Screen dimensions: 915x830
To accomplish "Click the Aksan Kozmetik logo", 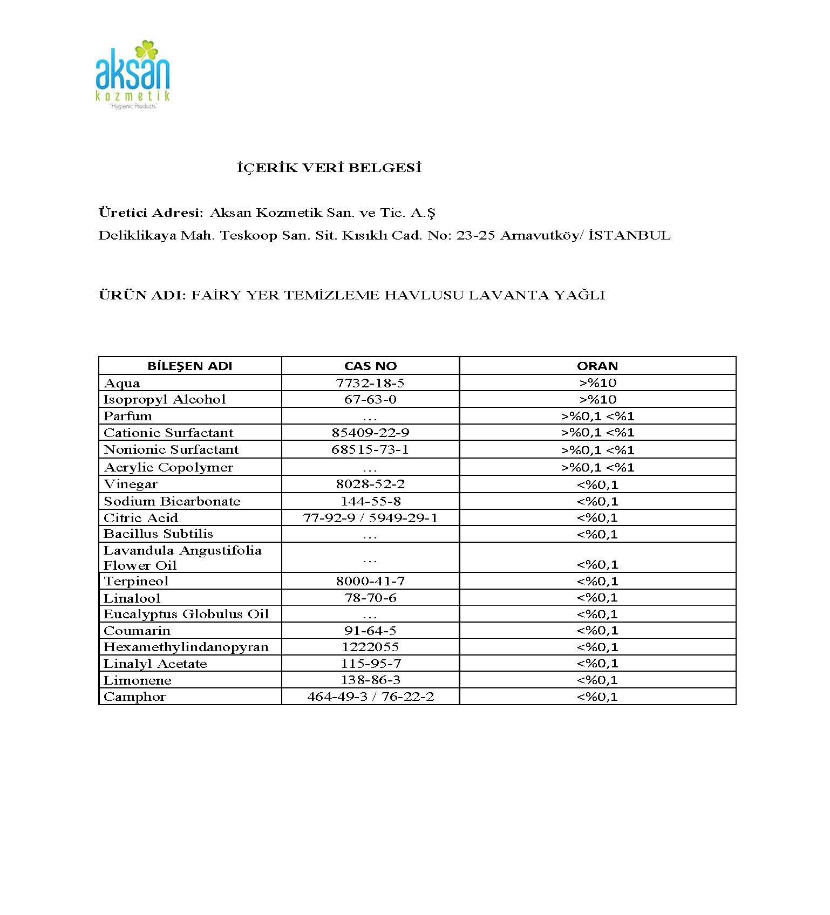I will tap(133, 74).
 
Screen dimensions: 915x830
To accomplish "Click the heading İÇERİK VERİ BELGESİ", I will tap(329, 168).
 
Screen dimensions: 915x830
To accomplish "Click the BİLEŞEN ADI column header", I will tap(190, 366).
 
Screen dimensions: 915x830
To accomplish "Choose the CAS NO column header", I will tap(370, 366).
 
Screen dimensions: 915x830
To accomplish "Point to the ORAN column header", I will tap(597, 366).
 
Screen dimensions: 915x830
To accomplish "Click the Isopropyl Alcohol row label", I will tap(165, 399).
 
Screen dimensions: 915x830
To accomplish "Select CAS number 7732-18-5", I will tap(370, 383).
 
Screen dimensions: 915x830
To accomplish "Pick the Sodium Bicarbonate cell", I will tap(172, 501).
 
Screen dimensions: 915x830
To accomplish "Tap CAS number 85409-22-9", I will tap(370, 433).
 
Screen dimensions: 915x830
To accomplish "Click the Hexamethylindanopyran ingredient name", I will tap(186, 647).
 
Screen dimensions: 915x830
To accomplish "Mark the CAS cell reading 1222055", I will tap(370, 647).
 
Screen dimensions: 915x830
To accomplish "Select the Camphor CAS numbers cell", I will tap(370, 697).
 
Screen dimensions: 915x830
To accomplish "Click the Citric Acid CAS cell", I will tap(370, 518).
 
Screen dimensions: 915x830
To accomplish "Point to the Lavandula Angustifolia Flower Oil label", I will tap(182, 558).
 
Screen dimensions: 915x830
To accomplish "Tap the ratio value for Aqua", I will tap(597, 383).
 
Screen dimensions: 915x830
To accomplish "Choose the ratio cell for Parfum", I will tap(597, 416).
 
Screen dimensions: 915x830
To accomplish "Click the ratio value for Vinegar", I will tap(597, 484).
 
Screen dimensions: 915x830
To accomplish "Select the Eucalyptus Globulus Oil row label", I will tap(186, 614).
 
